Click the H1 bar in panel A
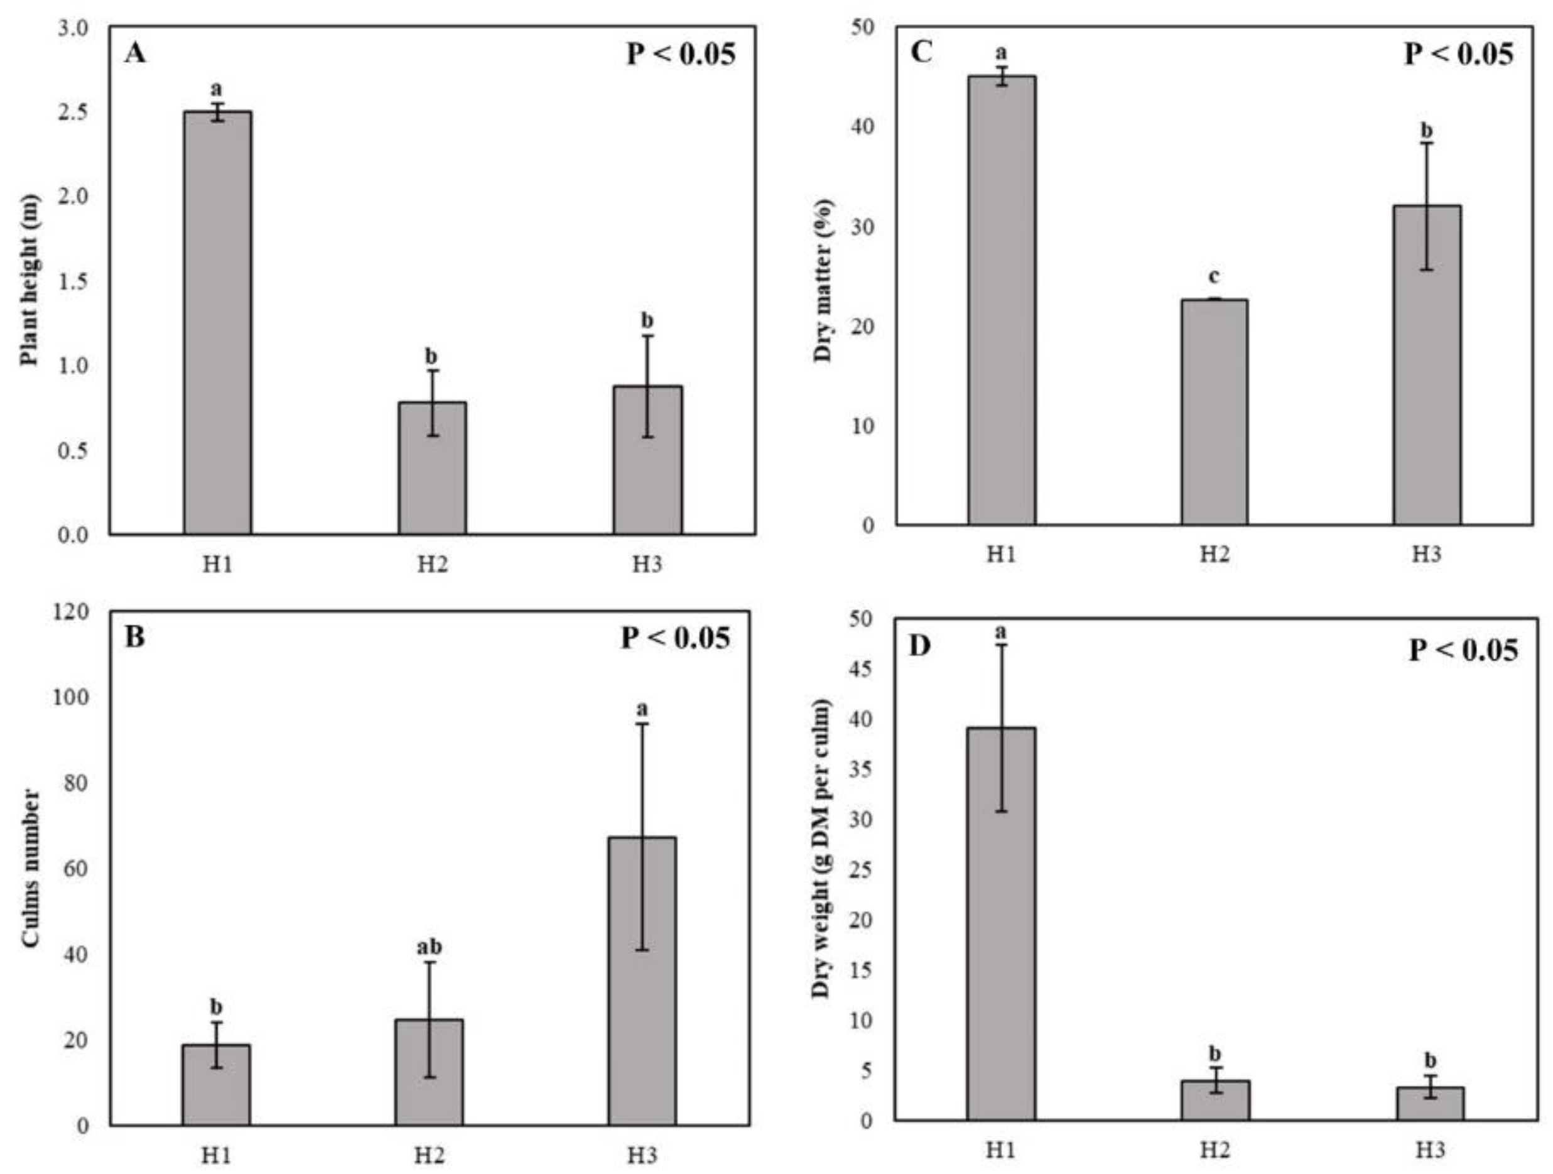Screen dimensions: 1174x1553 click(x=218, y=323)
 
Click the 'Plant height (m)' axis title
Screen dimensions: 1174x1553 click(x=30, y=280)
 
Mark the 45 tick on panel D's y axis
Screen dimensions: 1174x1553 click(x=862, y=669)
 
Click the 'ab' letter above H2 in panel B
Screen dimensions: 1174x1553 click(x=429, y=947)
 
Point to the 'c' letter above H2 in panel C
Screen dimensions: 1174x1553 click(x=1214, y=276)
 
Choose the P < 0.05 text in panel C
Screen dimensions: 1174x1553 click(x=1458, y=54)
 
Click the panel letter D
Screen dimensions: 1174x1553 click(x=920, y=646)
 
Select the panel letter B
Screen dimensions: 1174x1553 click(x=134, y=637)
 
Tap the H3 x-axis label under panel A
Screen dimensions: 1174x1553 click(x=647, y=565)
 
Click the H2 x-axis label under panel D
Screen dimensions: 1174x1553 click(x=1214, y=1150)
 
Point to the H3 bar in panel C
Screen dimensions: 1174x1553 click(x=1427, y=365)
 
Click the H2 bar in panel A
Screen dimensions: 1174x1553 click(x=432, y=467)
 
